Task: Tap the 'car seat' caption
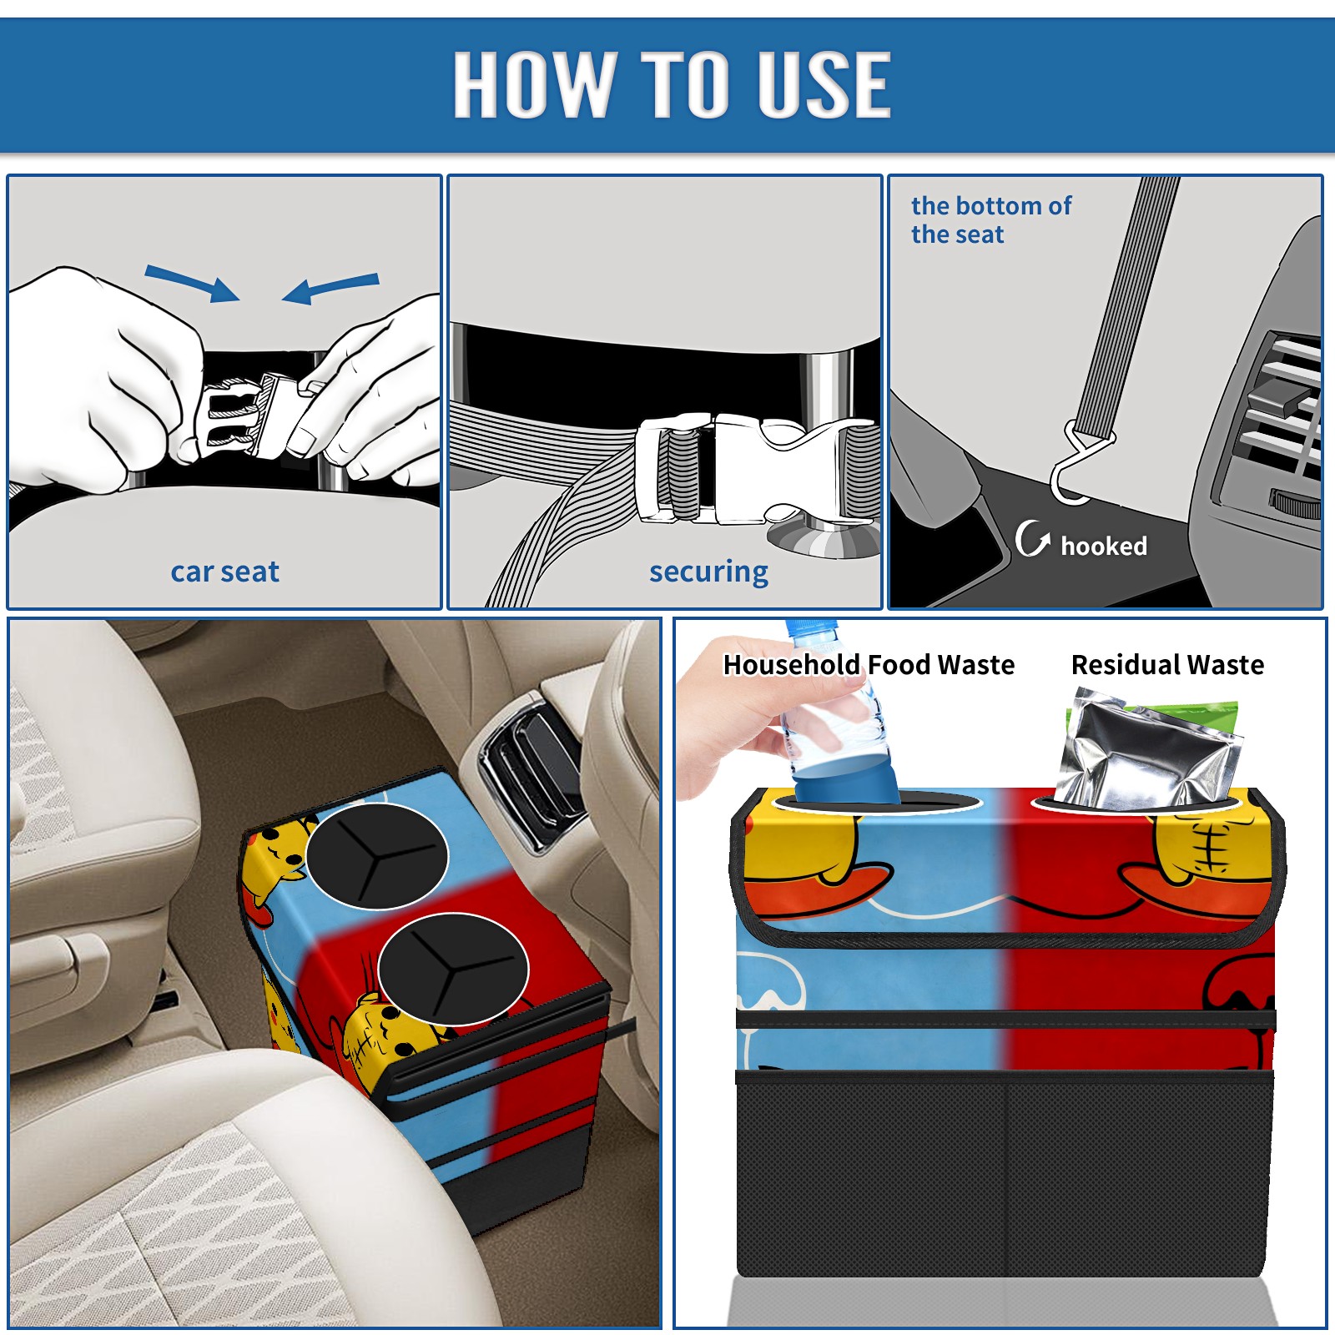coord(224,572)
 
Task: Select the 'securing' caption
coord(708,572)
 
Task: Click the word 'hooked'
coord(1103,546)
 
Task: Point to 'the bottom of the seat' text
coord(990,219)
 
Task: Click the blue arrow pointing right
coord(192,283)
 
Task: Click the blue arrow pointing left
coord(331,288)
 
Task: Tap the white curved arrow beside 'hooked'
coord(1031,538)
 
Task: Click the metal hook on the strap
coord(1076,464)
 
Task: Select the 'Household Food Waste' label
coord(869,664)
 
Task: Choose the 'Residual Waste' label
coord(1167,664)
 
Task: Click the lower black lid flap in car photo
coord(453,968)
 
